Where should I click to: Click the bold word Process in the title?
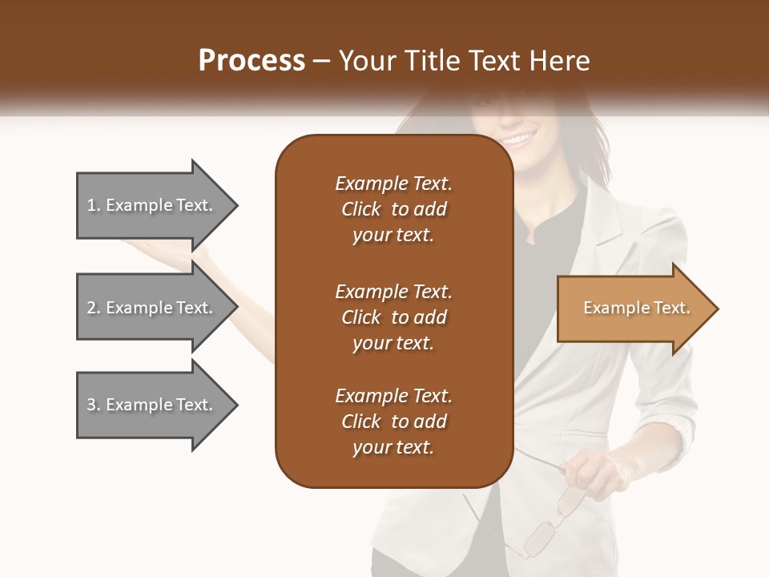click(x=252, y=61)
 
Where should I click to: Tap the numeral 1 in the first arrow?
click(x=91, y=205)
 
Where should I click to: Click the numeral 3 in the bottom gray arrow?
click(x=91, y=405)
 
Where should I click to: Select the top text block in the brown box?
click(x=393, y=209)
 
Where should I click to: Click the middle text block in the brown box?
click(x=393, y=317)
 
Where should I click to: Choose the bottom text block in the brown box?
click(x=393, y=422)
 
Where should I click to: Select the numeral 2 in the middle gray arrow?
click(x=91, y=308)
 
